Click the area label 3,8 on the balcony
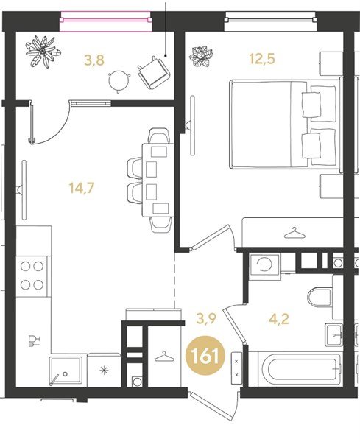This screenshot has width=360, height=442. tap(94, 60)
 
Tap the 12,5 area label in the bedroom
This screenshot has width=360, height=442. tap(262, 59)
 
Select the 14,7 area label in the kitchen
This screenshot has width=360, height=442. tap(82, 188)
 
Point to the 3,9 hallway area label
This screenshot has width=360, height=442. tap(206, 319)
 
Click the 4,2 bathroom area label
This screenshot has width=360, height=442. tap(279, 320)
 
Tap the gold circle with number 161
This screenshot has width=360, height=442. tap(205, 356)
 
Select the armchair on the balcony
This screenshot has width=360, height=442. tap(154, 72)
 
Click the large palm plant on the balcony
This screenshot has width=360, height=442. tap(43, 52)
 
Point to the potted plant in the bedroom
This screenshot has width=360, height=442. tap(201, 57)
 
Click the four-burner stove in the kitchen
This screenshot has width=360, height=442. tap(32, 276)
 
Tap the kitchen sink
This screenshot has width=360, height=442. tap(66, 371)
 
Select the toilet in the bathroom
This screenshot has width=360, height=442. tap(320, 298)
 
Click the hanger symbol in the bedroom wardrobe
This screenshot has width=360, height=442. tap(295, 233)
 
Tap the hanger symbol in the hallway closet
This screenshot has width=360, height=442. tap(164, 357)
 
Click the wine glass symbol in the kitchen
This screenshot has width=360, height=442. tap(35, 340)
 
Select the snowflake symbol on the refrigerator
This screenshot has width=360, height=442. tap(105, 371)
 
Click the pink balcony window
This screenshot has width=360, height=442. tap(105, 21)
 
